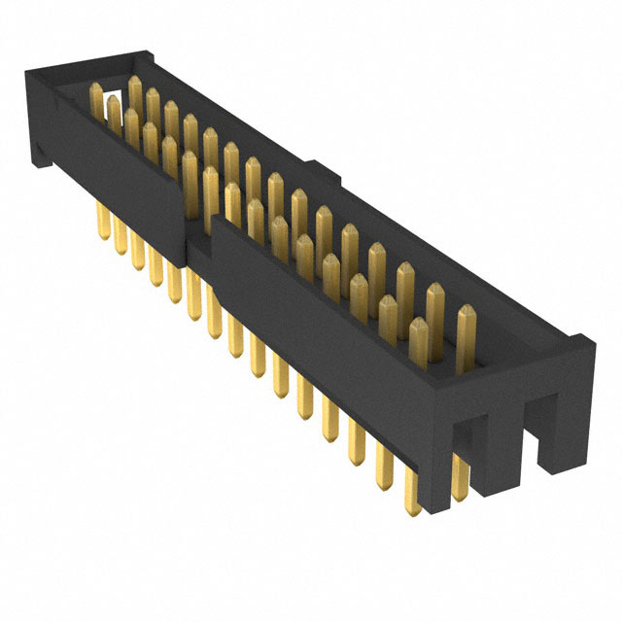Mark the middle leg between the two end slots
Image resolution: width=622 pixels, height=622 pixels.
507,437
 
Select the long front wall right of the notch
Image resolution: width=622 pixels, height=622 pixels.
321,311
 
